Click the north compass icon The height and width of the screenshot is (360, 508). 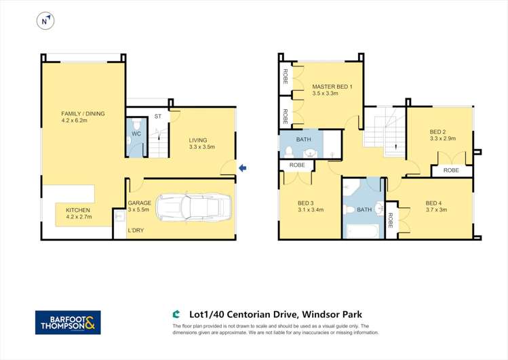tap(45, 22)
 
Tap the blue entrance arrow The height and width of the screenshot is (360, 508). tap(243, 167)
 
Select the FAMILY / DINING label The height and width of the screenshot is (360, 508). tap(83, 114)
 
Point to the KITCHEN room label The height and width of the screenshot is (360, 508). tap(78, 210)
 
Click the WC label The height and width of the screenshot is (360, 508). tap(136, 134)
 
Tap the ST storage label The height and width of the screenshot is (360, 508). tap(157, 117)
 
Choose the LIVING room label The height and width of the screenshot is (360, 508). tap(201, 140)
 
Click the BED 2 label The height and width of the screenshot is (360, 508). tap(437, 132)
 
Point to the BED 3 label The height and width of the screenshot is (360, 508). tap(306, 203)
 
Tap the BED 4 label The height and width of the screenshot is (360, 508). tap(433, 203)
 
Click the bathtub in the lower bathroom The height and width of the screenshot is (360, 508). tap(364, 231)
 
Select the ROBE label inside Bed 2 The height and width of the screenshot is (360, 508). tap(451, 170)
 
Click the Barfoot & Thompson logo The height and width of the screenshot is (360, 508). tap(68, 323)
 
